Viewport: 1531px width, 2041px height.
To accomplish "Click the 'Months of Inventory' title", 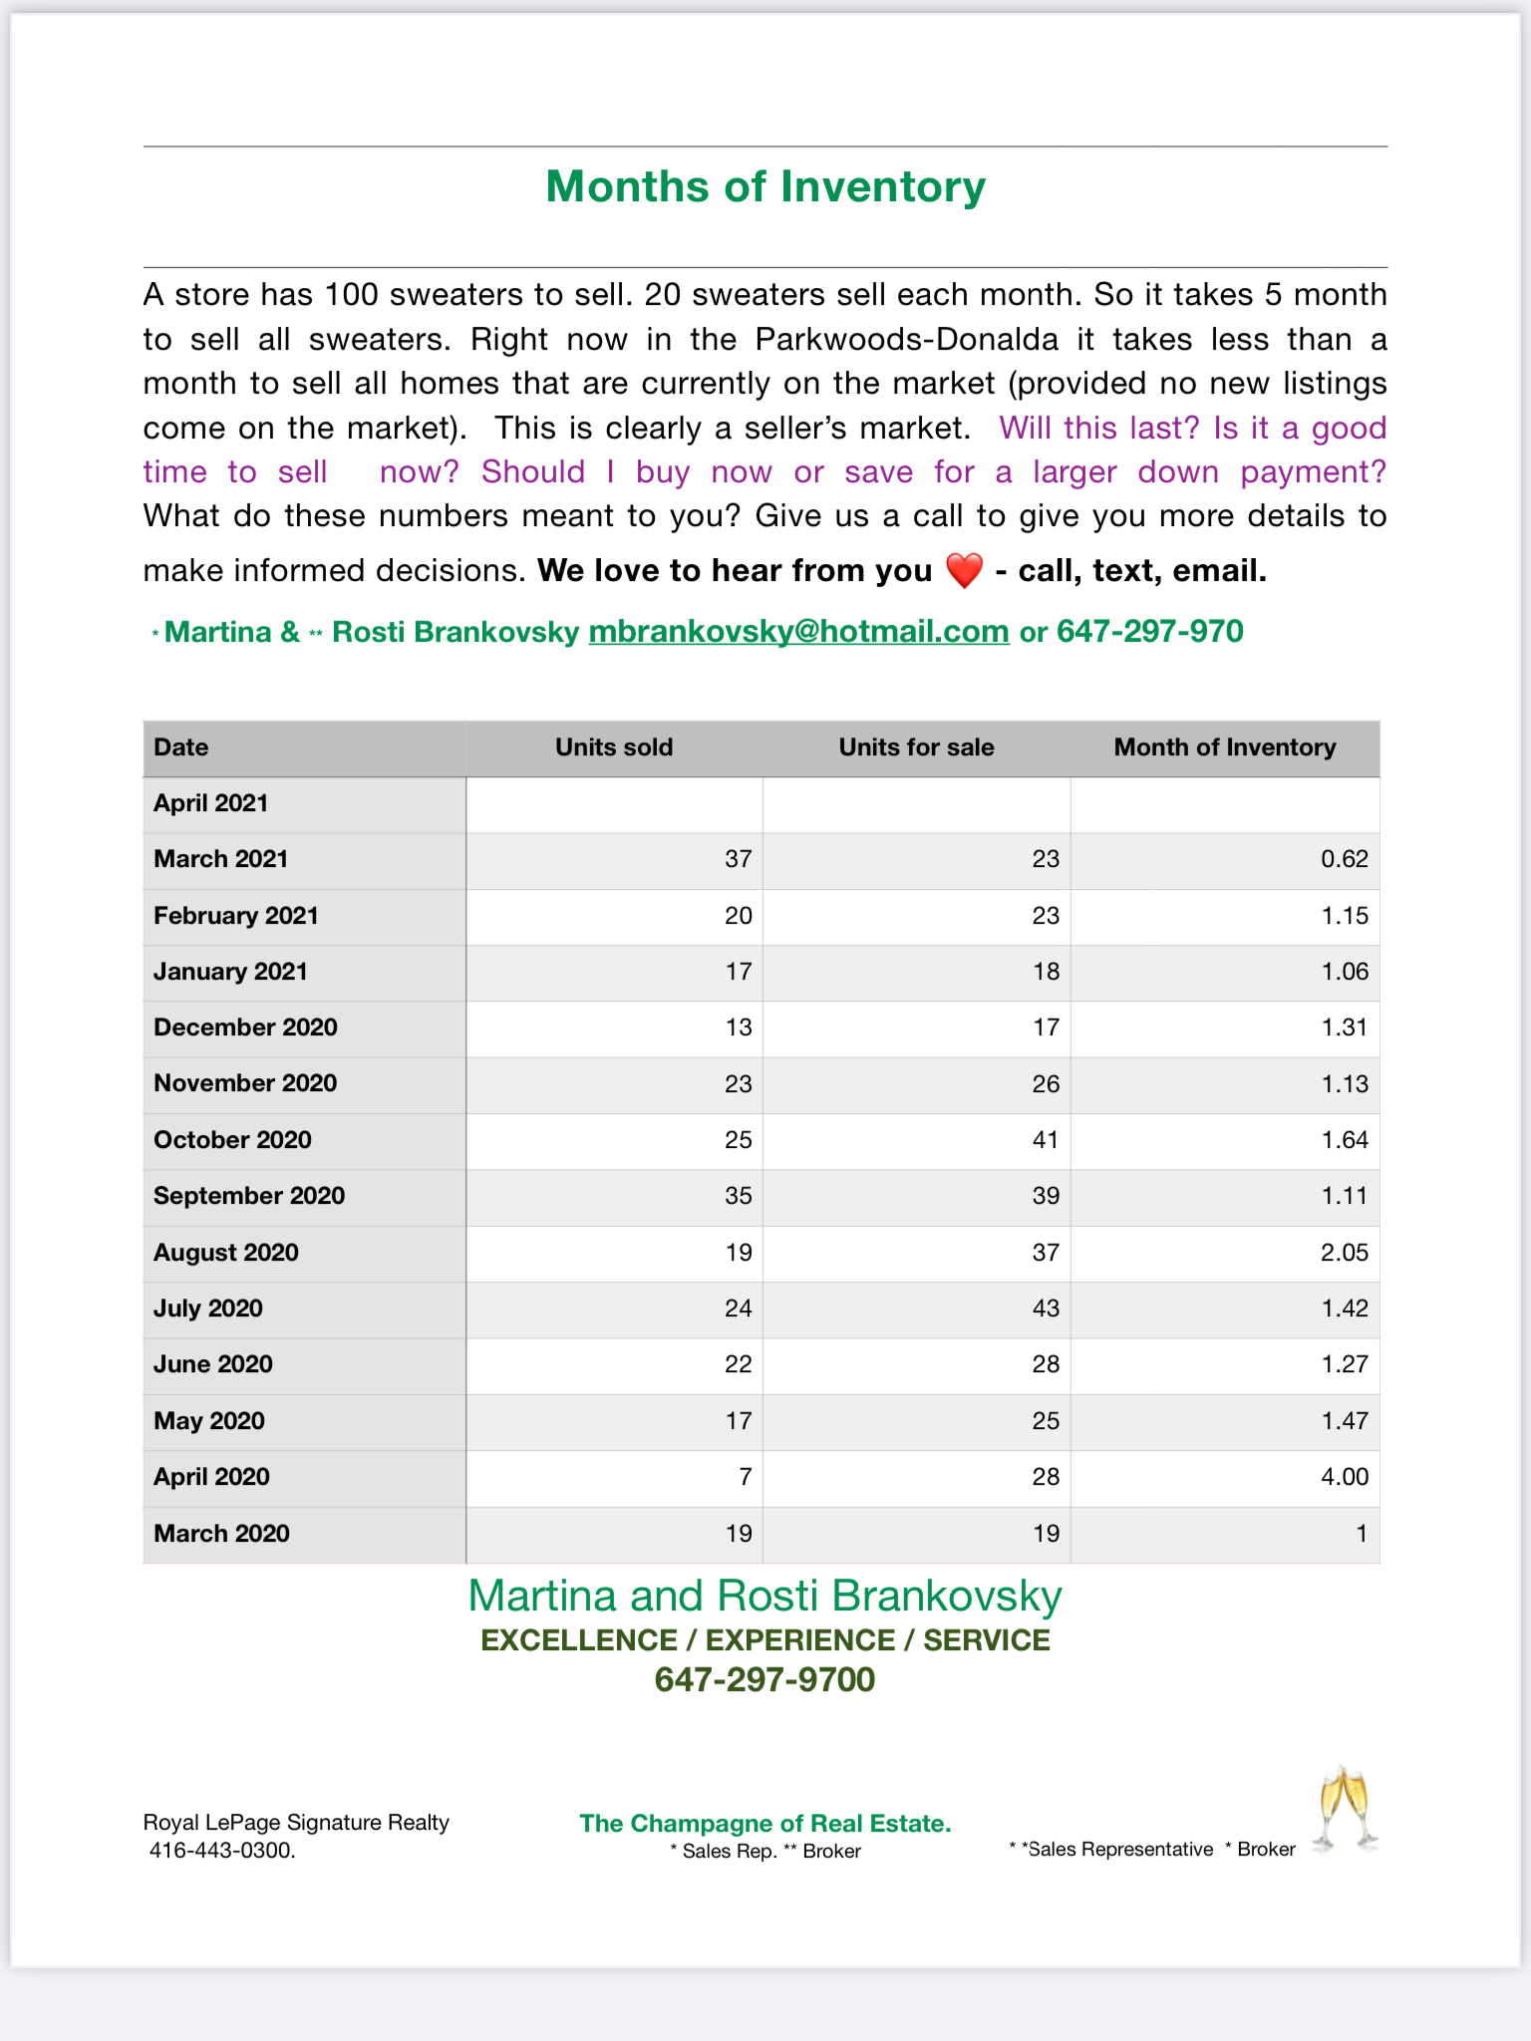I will [x=765, y=186].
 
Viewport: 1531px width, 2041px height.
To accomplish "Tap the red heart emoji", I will [x=964, y=571].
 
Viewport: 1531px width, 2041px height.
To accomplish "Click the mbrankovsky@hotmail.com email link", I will [x=798, y=632].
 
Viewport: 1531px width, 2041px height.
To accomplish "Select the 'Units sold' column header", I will [x=614, y=747].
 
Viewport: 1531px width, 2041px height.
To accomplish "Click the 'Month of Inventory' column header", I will [x=1224, y=747].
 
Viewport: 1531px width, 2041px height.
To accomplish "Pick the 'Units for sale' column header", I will [x=916, y=747].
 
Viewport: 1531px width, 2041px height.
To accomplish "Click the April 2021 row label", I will [x=211, y=803].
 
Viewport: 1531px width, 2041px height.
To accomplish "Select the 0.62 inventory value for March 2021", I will [x=1344, y=859].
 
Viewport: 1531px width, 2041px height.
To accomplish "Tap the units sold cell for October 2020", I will [x=738, y=1140].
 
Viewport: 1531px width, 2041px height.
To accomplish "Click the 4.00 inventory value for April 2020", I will [x=1344, y=1477].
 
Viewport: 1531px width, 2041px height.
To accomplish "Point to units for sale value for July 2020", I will [x=1045, y=1309].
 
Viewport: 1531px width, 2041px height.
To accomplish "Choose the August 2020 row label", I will [x=226, y=1253].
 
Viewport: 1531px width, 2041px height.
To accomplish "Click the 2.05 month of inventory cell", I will [x=1344, y=1253].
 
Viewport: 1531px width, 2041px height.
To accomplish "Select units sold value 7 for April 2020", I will [x=745, y=1477].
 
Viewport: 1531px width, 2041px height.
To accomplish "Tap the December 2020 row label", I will [x=245, y=1027].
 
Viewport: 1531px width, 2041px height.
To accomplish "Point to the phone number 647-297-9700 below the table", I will [x=765, y=1680].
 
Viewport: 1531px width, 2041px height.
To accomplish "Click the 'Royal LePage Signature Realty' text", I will [x=296, y=1823].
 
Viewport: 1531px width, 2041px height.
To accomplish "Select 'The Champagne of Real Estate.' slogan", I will [x=765, y=1824].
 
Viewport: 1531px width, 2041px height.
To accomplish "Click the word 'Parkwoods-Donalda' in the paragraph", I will [x=906, y=340].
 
